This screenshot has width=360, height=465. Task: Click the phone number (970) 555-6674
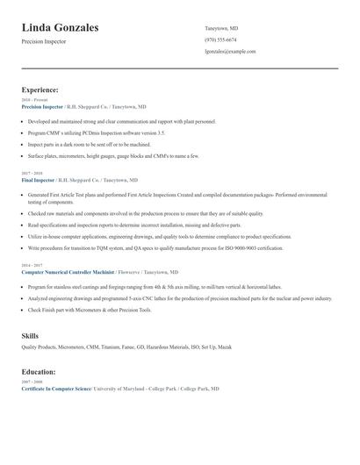[220, 39]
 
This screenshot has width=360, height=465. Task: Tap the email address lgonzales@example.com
[230, 52]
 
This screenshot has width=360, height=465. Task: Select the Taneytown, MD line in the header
[221, 28]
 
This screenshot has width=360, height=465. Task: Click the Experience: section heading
[40, 89]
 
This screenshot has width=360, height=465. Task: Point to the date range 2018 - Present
[34, 100]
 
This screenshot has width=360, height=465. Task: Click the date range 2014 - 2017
[32, 264]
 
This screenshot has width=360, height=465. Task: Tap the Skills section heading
[30, 336]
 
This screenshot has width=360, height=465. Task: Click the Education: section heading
[39, 371]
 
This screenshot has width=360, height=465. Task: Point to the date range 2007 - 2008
[32, 382]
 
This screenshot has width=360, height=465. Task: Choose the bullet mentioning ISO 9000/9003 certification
[155, 248]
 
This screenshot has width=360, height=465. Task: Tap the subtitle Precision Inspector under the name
[43, 41]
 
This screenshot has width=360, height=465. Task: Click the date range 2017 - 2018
[32, 172]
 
